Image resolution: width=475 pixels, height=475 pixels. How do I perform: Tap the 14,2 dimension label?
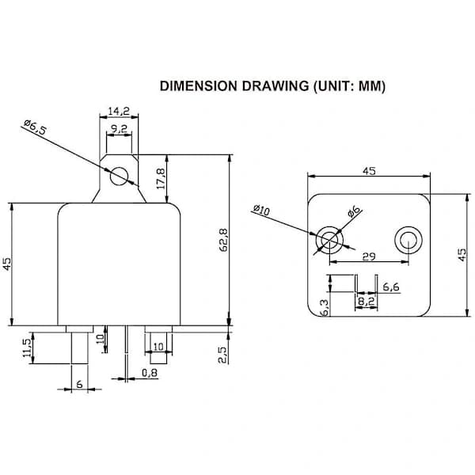pos(119,111)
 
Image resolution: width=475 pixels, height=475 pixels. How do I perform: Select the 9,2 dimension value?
pos(119,129)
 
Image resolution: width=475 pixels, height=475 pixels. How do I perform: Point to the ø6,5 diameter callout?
pos(36,127)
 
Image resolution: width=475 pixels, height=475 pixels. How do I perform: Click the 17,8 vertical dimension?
pos(161,179)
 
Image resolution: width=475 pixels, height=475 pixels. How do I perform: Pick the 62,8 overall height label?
pos(223,240)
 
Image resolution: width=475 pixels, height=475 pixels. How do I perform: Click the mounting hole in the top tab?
pos(119,176)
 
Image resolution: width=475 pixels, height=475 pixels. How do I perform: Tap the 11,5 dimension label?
pos(27,348)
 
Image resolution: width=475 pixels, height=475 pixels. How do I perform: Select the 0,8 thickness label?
pos(150,373)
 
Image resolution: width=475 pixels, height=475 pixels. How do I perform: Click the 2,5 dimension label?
pos(222,355)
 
